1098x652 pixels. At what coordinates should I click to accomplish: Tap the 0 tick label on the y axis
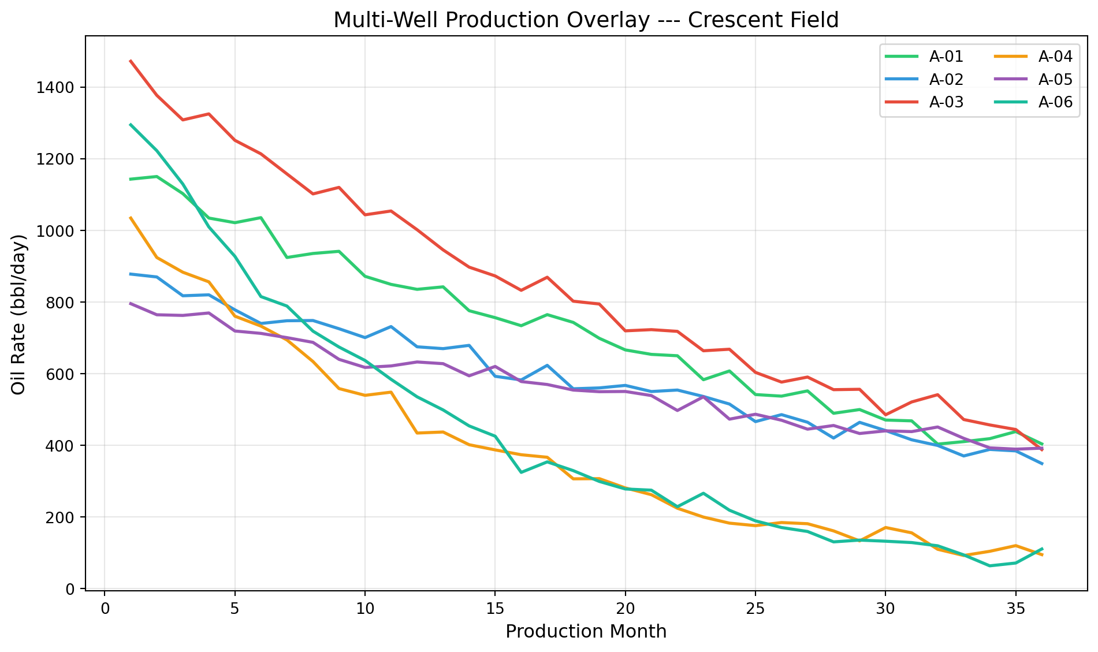click(71, 589)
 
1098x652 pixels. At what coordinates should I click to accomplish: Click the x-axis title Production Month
click(586, 632)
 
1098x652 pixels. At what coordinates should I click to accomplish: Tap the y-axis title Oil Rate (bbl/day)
click(19, 314)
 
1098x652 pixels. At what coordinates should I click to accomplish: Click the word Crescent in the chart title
click(723, 20)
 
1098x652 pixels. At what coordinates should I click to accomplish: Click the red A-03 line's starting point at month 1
click(131, 60)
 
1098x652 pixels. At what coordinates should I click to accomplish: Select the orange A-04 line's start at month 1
click(131, 217)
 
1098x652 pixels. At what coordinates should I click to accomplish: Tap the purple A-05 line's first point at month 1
click(131, 303)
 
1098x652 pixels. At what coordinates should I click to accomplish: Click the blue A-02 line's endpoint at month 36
click(1042, 464)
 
